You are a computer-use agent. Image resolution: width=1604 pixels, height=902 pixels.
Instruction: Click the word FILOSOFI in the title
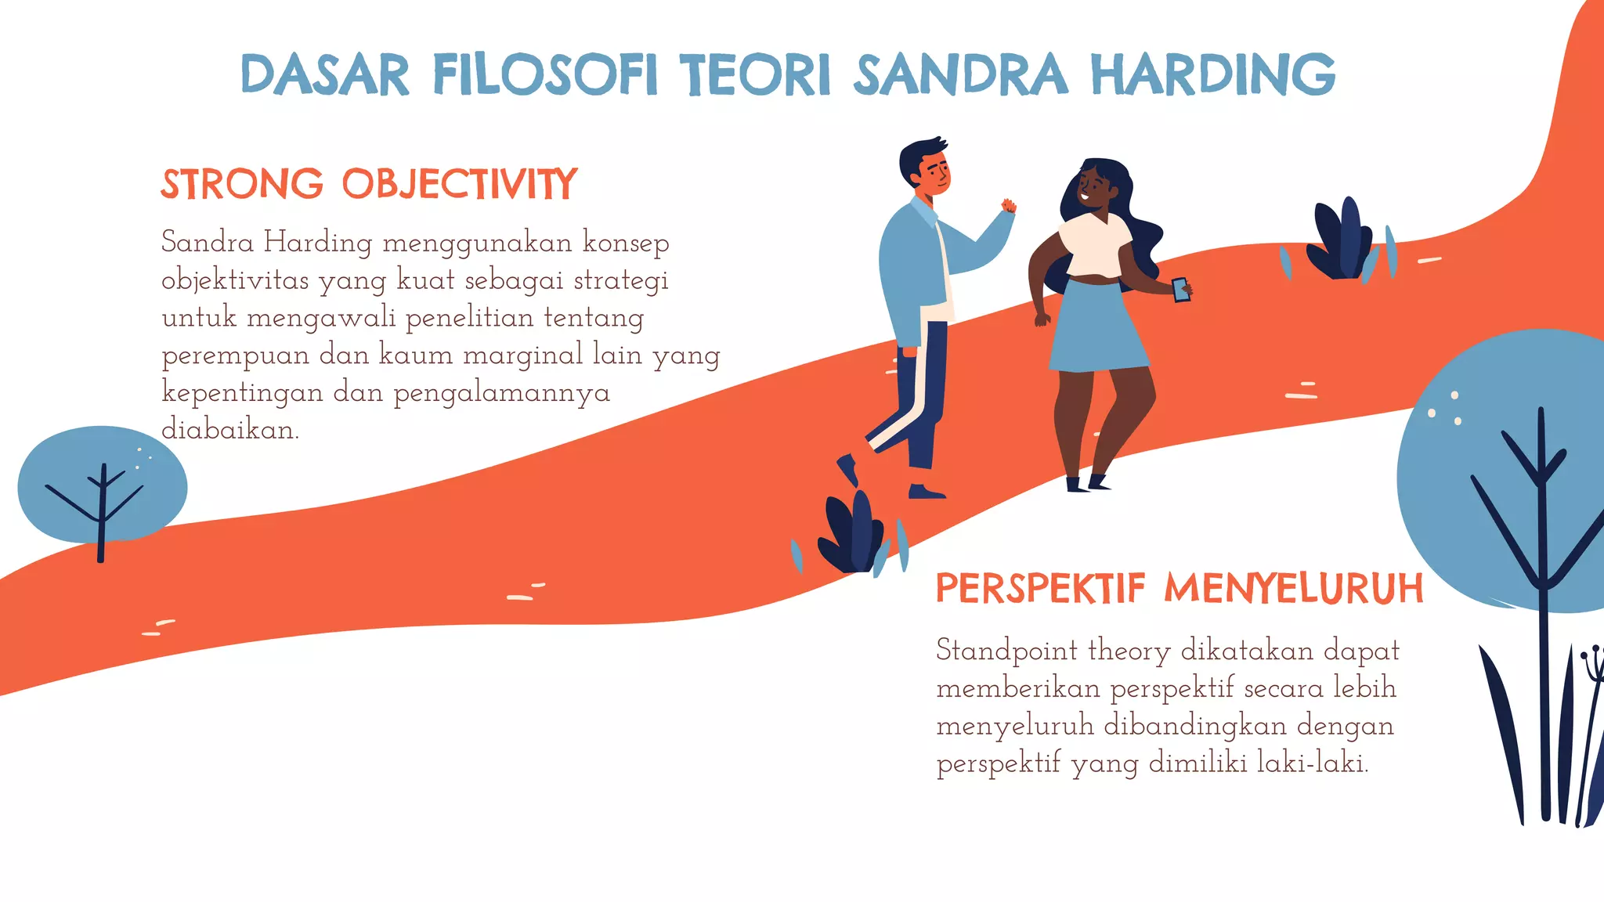(545, 75)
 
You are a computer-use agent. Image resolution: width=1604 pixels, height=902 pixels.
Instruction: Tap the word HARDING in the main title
(1213, 75)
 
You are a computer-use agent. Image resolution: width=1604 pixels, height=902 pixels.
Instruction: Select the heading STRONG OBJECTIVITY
(369, 185)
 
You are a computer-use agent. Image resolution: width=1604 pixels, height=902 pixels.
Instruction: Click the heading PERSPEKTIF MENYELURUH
(1180, 589)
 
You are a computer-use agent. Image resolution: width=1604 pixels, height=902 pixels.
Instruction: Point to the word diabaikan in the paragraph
(229, 430)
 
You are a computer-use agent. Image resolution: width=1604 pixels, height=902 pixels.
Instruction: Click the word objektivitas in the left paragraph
(235, 280)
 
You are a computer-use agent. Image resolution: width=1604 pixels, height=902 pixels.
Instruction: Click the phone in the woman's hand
(1180, 289)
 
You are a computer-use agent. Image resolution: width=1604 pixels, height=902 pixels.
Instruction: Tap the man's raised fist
(1008, 207)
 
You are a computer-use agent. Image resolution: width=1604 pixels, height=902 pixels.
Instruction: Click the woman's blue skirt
(1096, 329)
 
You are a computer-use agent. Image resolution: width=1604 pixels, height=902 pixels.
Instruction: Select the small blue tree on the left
(102, 485)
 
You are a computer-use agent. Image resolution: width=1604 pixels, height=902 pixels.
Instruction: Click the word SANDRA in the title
(960, 75)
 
